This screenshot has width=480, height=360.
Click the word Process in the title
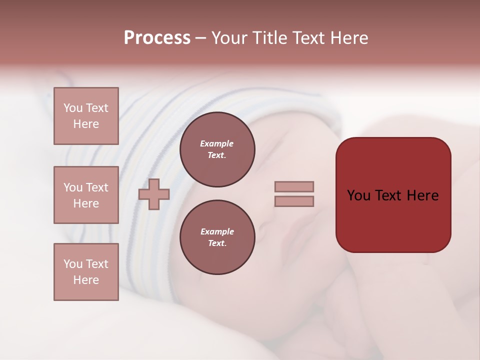point(157,38)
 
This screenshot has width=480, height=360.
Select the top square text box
point(86,116)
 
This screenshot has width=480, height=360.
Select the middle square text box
point(86,195)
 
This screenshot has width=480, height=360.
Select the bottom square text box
point(86,272)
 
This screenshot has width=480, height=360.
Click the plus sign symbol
point(154,194)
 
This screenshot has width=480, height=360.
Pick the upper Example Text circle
point(217,149)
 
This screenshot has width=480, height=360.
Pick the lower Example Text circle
point(217,237)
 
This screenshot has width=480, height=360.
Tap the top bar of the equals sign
point(294,186)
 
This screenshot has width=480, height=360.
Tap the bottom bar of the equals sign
point(294,201)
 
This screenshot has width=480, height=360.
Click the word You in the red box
point(359,195)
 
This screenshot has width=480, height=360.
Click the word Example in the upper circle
point(217,144)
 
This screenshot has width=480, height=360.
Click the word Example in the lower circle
point(217,232)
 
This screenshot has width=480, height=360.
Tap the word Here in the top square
point(86,124)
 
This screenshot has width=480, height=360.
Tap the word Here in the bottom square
point(86,280)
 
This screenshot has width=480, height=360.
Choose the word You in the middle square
point(73,187)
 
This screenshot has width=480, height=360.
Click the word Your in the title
point(228,38)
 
